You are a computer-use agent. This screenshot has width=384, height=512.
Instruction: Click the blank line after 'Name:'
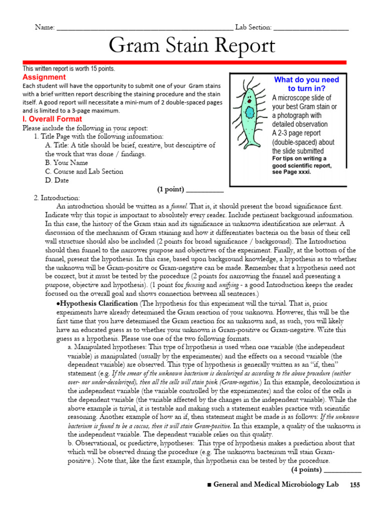tap(145, 28)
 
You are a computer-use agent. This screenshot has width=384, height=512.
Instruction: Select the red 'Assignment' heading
tap(44, 77)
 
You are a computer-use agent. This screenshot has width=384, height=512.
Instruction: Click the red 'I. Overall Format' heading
tap(52, 119)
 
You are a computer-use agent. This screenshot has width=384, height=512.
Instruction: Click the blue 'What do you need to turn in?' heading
tap(306, 84)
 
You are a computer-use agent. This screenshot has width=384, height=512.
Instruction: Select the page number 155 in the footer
tap(354, 485)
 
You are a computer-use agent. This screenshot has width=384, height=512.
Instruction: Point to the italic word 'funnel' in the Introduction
tap(179, 206)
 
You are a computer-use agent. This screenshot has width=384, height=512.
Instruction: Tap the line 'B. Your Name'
tap(66, 162)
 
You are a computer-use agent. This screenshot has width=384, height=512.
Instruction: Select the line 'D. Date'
tap(57, 180)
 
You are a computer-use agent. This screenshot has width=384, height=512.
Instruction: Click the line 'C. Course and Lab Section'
tap(83, 171)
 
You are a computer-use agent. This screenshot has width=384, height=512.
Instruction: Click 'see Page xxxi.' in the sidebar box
tap(291, 172)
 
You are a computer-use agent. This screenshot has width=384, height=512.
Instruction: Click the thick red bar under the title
tap(184, 62)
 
